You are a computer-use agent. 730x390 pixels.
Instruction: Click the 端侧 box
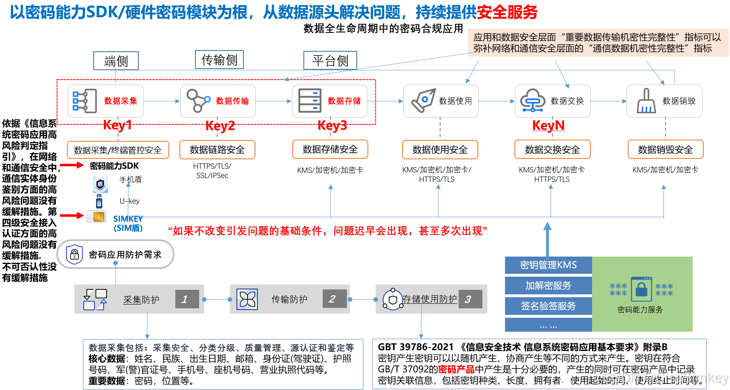(x=116, y=61)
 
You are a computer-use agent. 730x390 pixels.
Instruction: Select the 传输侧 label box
(x=219, y=60)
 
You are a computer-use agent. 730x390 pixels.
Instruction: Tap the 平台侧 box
(x=330, y=60)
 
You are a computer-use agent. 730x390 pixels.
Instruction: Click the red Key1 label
(x=117, y=125)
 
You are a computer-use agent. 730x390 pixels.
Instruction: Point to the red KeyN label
(x=548, y=125)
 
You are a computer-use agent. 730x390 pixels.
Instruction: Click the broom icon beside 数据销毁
(x=646, y=101)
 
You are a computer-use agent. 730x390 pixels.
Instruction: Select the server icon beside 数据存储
(x=310, y=101)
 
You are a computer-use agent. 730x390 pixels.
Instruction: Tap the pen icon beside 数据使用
(x=423, y=101)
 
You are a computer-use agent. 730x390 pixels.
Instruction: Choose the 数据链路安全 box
(x=217, y=150)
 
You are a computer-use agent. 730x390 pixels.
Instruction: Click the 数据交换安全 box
(x=552, y=150)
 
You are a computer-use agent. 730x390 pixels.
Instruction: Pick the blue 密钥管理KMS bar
(x=548, y=265)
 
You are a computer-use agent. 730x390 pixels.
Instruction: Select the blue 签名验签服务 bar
(x=548, y=306)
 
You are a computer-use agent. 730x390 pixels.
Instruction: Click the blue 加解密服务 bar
(x=548, y=286)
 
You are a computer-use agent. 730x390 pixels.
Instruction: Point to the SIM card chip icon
(x=98, y=217)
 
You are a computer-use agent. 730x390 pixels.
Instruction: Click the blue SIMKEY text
(x=128, y=219)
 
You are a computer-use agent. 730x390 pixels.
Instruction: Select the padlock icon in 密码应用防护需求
(x=74, y=255)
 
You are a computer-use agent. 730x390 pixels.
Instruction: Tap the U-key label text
(x=129, y=201)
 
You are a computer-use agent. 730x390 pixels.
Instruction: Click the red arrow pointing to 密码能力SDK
(x=72, y=165)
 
